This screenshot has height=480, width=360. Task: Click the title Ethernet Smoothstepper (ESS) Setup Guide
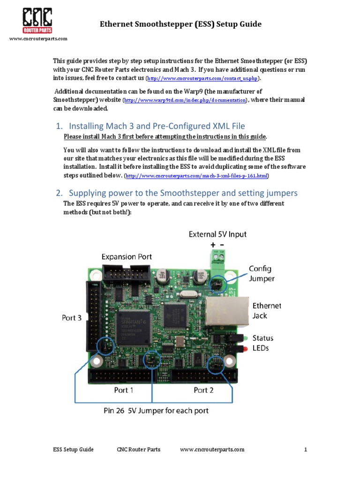[x=180, y=24]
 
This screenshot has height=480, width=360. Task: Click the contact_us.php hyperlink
[x=203, y=78]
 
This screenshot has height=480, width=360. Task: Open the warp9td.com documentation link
[x=185, y=100]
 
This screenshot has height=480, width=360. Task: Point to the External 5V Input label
[x=217, y=234]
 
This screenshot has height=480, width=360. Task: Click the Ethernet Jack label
[x=267, y=310]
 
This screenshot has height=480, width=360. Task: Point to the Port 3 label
[x=72, y=317]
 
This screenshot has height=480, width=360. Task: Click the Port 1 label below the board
[x=124, y=390]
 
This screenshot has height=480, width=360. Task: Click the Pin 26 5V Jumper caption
[x=156, y=411]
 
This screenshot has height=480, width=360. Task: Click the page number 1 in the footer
[x=305, y=450]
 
